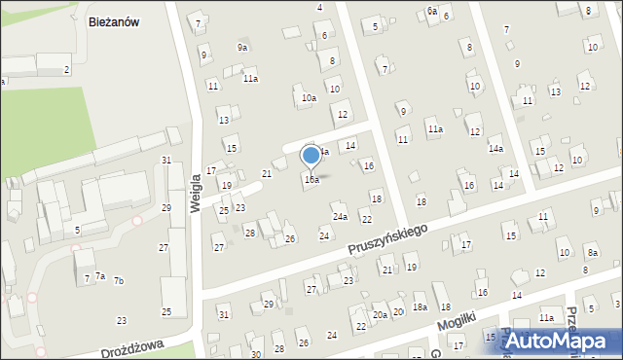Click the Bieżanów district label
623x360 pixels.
(x=116, y=23)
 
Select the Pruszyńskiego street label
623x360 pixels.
(x=388, y=239)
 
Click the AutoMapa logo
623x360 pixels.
(x=562, y=341)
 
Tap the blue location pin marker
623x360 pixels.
(x=311, y=156)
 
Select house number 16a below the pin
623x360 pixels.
(x=311, y=179)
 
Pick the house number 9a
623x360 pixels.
(x=242, y=47)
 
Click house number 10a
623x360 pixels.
(x=308, y=97)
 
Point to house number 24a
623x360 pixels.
(x=340, y=217)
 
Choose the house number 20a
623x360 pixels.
(x=380, y=314)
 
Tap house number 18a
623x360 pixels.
(x=420, y=306)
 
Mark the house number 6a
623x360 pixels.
(x=431, y=11)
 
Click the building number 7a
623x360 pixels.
(x=99, y=276)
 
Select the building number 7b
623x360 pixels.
(x=118, y=281)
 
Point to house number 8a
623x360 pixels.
(x=592, y=253)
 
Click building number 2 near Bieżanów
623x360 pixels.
(x=66, y=69)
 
